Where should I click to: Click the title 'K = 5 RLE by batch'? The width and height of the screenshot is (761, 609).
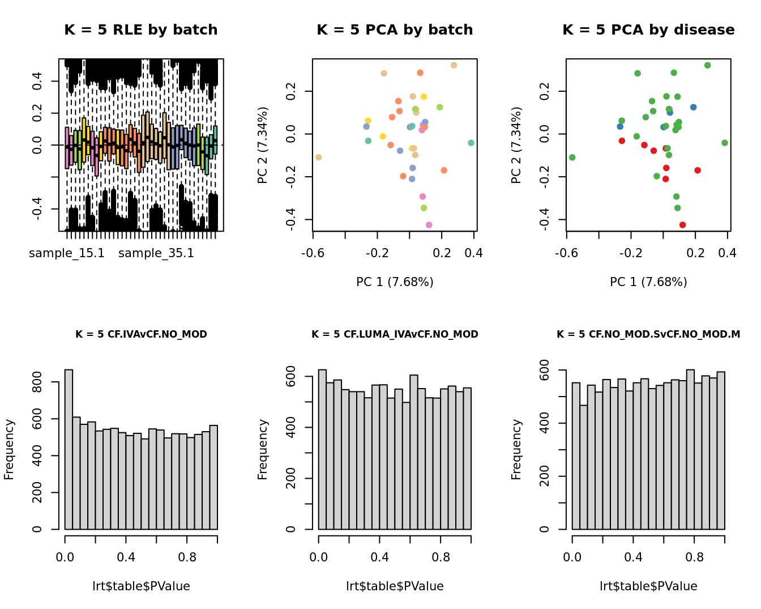tap(140, 30)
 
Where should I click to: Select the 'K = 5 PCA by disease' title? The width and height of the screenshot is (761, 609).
tap(648, 30)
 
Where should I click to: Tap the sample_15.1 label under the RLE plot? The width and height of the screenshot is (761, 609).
tap(67, 253)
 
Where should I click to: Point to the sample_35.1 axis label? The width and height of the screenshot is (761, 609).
tap(156, 253)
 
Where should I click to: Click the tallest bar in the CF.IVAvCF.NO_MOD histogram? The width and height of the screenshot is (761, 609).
tap(69, 449)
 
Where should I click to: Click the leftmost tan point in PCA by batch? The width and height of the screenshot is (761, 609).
tap(319, 157)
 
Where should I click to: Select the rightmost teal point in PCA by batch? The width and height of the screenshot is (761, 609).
tap(471, 143)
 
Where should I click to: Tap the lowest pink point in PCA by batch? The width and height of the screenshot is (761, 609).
tap(429, 225)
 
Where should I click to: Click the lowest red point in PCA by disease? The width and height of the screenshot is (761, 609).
tap(682, 225)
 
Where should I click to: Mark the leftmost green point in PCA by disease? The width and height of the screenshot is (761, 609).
tap(572, 157)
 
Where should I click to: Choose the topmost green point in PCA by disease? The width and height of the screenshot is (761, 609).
tap(707, 66)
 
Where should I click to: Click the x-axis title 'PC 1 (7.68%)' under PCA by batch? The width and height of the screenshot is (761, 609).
tap(395, 282)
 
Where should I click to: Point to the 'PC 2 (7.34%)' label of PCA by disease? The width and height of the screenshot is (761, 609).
tap(516, 145)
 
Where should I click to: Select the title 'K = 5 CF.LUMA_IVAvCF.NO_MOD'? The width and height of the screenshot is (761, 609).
tap(395, 334)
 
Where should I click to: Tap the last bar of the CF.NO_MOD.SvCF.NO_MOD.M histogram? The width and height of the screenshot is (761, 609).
tap(721, 450)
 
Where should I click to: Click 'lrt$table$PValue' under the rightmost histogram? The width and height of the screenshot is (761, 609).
tap(648, 586)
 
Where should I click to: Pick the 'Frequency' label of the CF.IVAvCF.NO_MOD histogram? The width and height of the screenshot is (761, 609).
tap(10, 449)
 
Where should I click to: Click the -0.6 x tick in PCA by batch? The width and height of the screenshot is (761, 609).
tap(313, 253)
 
